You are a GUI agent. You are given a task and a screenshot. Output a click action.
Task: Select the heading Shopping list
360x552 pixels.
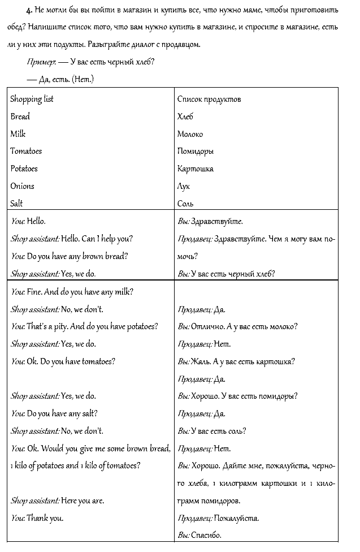pos(32,99)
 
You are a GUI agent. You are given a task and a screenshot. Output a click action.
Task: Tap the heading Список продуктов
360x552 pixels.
pos(209,99)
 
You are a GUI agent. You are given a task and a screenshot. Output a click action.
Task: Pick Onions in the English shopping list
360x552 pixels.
pos(22,186)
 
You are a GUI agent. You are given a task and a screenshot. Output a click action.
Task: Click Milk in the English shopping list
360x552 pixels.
pos(18,134)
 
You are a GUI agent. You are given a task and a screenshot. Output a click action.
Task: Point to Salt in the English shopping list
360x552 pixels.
pos(16,204)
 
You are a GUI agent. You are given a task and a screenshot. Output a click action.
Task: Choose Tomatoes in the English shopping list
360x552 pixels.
pos(26,152)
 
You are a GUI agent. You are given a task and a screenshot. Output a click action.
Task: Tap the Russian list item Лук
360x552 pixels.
pos(184,186)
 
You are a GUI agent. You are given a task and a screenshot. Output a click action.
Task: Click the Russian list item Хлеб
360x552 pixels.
pos(185,117)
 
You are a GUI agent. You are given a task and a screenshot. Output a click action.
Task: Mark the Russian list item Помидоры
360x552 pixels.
pos(195,152)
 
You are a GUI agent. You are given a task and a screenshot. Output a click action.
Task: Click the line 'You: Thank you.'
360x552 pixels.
pos(37,517)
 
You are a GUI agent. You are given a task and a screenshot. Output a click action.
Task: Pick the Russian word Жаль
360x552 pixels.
pos(201,361)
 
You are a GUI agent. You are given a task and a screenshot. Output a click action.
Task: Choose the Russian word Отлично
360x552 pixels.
pos(208,326)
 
